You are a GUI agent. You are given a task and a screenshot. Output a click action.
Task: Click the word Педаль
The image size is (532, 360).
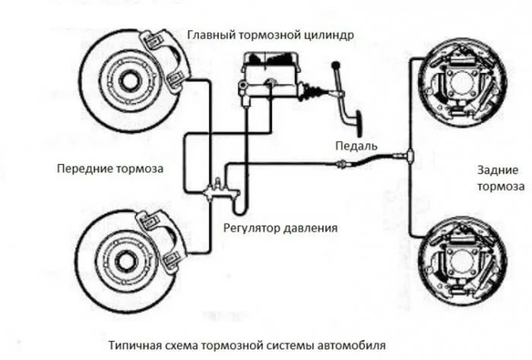click(x=355, y=144)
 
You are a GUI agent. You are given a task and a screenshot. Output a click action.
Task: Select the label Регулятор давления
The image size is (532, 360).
click(x=280, y=227)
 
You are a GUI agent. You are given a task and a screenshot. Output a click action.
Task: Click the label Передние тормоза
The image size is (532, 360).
click(x=110, y=166)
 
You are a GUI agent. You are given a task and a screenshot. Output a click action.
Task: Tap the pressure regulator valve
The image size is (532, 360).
click(x=220, y=190)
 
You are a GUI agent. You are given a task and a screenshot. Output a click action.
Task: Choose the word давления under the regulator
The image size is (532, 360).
click(x=309, y=227)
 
